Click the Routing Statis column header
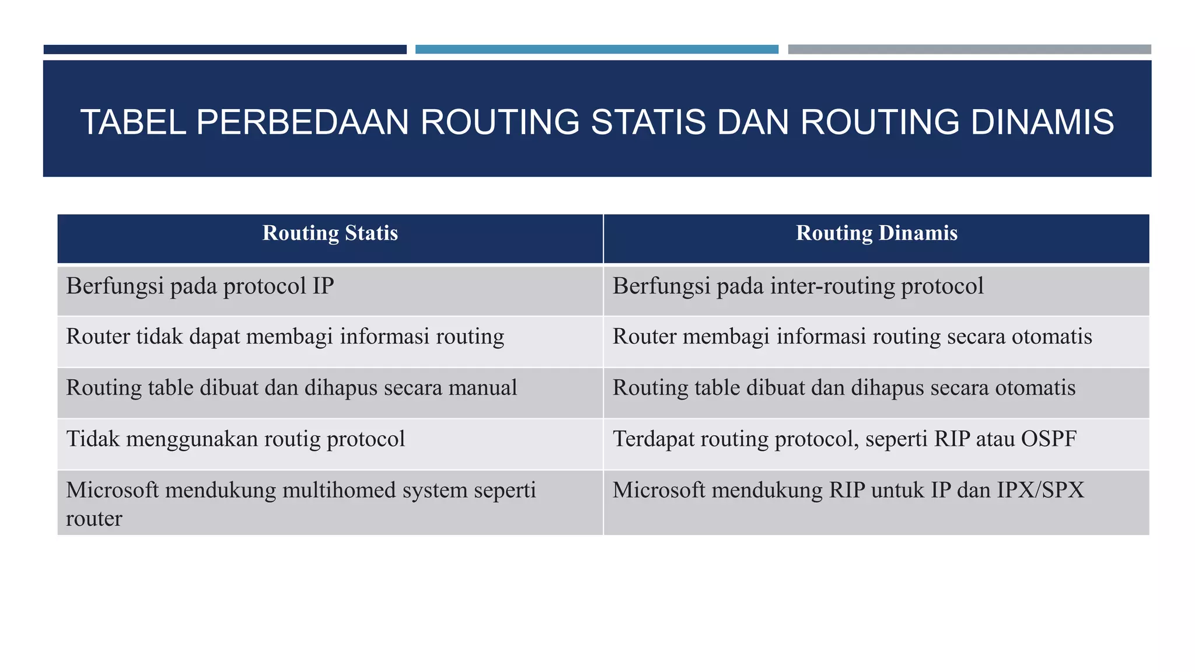pos(330,233)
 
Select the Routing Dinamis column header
pos(876,233)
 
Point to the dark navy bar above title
pos(225,50)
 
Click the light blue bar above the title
pos(596,50)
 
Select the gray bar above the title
pos(969,50)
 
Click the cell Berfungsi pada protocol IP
pos(200,286)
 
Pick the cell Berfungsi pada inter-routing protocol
pos(798,286)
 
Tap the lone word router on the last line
pos(94,519)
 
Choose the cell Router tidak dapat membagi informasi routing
pos(285,337)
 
